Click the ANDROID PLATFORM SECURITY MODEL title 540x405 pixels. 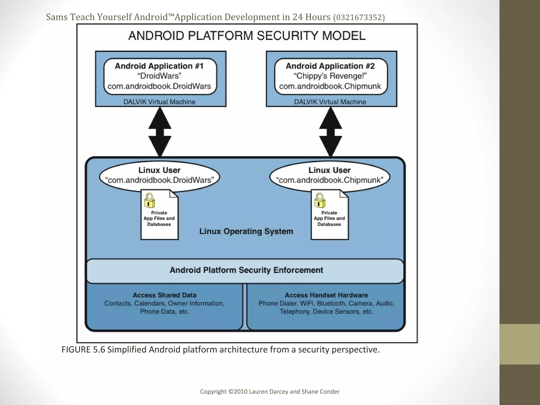coord(247,36)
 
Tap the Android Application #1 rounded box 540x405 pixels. coord(160,76)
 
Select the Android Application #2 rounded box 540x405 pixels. coord(331,76)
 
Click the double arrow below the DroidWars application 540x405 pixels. coord(160,132)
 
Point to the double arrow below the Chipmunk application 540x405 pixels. coord(331,132)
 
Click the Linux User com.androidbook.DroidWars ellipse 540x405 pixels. coord(160,175)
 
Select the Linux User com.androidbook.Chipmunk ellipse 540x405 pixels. coord(330,175)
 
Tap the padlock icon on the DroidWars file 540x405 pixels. coord(150,201)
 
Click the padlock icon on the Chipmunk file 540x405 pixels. coord(320,201)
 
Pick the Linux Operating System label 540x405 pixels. coord(246,231)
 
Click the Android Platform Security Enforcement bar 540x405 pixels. coord(246,270)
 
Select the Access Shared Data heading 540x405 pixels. coord(165,295)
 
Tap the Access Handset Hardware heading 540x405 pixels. coord(326,295)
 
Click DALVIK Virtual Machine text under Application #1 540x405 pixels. coord(159,102)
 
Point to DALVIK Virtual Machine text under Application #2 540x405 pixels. coord(330,102)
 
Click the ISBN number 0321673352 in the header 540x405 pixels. coord(359,18)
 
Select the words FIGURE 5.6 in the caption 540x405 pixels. coord(83,350)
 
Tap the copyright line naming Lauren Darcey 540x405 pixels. coord(270,392)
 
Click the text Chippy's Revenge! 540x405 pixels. coord(330,76)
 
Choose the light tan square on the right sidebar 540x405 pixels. coord(519,344)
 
